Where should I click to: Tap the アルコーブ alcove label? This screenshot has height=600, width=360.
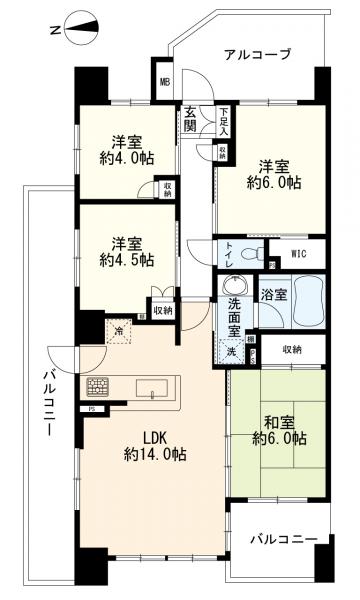(258, 54)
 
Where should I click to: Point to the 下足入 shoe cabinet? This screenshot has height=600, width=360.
(225, 123)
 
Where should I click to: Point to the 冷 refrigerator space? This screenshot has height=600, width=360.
(120, 331)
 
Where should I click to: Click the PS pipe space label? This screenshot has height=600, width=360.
(92, 410)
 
